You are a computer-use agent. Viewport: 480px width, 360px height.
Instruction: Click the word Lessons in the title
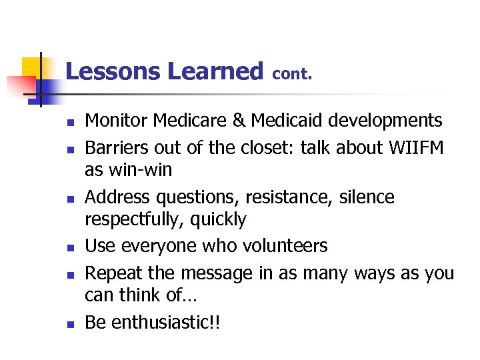(x=113, y=71)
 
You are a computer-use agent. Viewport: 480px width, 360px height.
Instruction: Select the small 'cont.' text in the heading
(x=293, y=74)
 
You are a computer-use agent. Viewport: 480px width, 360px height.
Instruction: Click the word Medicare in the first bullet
(x=184, y=121)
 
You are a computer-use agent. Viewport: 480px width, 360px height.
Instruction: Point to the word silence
(x=367, y=197)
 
